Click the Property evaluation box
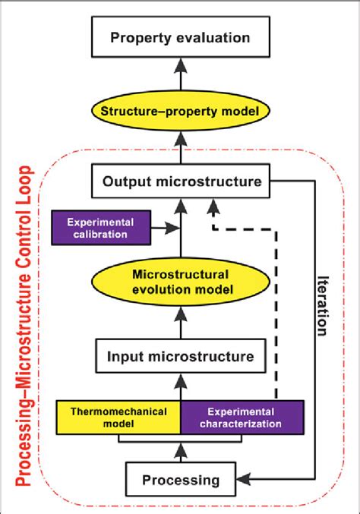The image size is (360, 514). coord(180,36)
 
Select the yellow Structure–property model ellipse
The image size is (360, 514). coord(180,112)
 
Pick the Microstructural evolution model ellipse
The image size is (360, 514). coord(180,282)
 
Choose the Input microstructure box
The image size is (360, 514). coord(180,355)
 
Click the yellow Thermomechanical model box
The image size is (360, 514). coord(118,416)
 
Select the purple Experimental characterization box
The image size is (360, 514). coord(241,416)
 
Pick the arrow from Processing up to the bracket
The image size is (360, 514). coord(180,453)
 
